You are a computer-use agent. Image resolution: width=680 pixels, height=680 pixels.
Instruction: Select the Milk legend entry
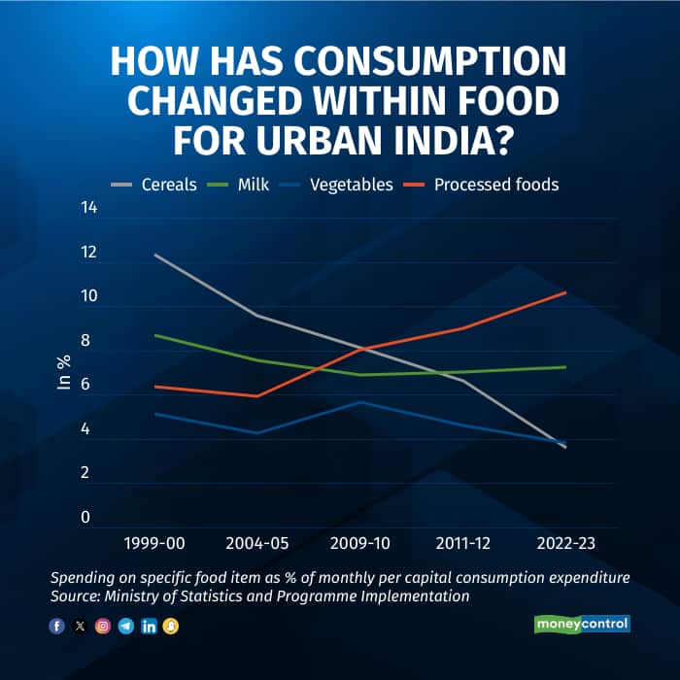coord(250,184)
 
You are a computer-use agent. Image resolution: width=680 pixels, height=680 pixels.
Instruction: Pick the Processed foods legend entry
coord(495,184)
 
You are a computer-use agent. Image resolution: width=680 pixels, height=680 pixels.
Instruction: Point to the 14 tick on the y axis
coord(88,208)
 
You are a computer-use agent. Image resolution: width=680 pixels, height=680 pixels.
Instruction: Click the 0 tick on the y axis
coord(85,518)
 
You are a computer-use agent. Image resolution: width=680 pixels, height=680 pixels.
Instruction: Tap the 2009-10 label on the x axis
coord(359,543)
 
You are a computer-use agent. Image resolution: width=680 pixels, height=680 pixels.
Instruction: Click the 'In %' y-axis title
coord(64,372)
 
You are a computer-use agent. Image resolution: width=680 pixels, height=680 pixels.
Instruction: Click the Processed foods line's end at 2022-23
coord(564,292)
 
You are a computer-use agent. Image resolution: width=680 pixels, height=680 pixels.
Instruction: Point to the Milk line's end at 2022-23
coord(564,367)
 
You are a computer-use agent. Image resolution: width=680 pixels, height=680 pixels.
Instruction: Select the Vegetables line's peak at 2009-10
coord(360,402)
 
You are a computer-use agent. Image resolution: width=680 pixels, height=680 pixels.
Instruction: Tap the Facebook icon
coord(55,626)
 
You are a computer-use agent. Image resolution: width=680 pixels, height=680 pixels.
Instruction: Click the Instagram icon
coord(102,626)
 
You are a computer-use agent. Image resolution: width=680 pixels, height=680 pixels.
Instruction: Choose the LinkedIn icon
coord(149,626)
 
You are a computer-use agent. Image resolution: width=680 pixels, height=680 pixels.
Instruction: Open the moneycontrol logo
coord(582,624)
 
